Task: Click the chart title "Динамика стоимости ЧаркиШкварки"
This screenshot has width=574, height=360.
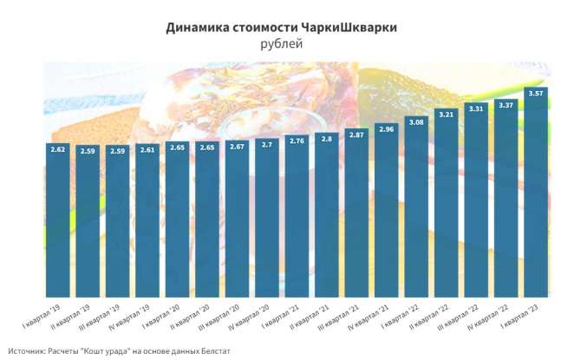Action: [282, 28]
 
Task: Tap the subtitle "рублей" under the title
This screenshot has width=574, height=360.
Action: [282, 44]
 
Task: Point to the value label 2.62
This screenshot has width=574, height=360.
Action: [57, 148]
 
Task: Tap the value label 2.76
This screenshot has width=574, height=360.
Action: [297, 140]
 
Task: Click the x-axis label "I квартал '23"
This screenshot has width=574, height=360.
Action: [525, 311]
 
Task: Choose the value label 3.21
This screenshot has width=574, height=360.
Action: [446, 114]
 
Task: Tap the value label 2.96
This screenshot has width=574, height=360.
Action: [386, 129]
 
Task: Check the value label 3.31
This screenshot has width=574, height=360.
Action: [476, 108]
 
